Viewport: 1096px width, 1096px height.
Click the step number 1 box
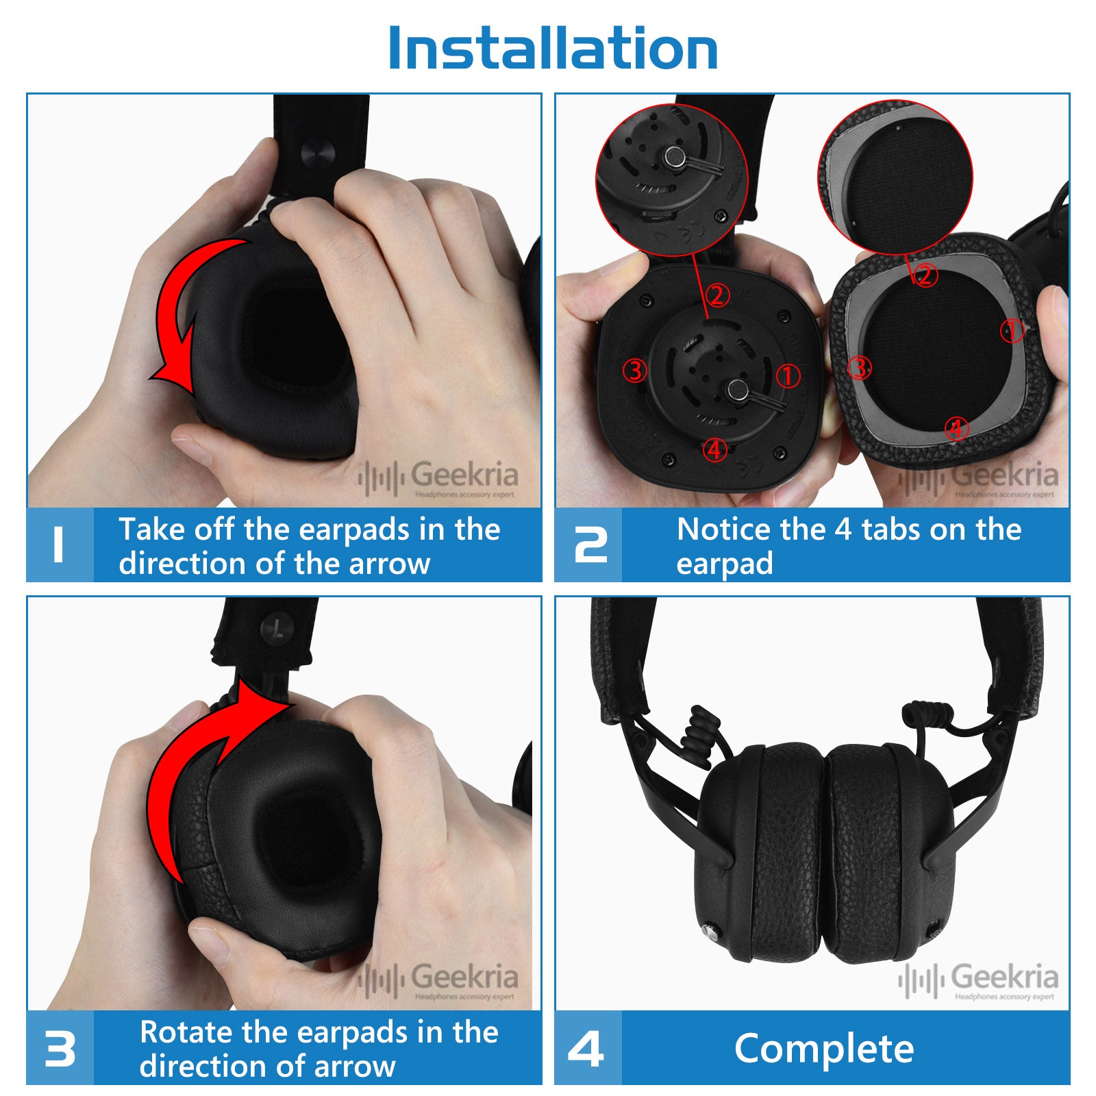click(60, 545)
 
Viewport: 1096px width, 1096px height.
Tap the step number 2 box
click(588, 545)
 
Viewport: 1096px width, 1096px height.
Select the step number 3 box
click(60, 1048)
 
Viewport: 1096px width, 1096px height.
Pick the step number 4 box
click(588, 1048)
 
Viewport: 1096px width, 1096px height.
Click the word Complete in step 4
click(824, 1049)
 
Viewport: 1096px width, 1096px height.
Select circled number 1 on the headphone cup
click(788, 375)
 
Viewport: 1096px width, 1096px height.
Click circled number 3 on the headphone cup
click(635, 371)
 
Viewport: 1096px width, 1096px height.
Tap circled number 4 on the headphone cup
click(715, 449)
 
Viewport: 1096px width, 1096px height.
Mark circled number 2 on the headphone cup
click(717, 296)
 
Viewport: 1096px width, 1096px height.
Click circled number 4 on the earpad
click(956, 429)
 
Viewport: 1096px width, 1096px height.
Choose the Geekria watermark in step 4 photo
click(979, 980)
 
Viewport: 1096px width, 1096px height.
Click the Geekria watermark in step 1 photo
click(438, 477)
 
